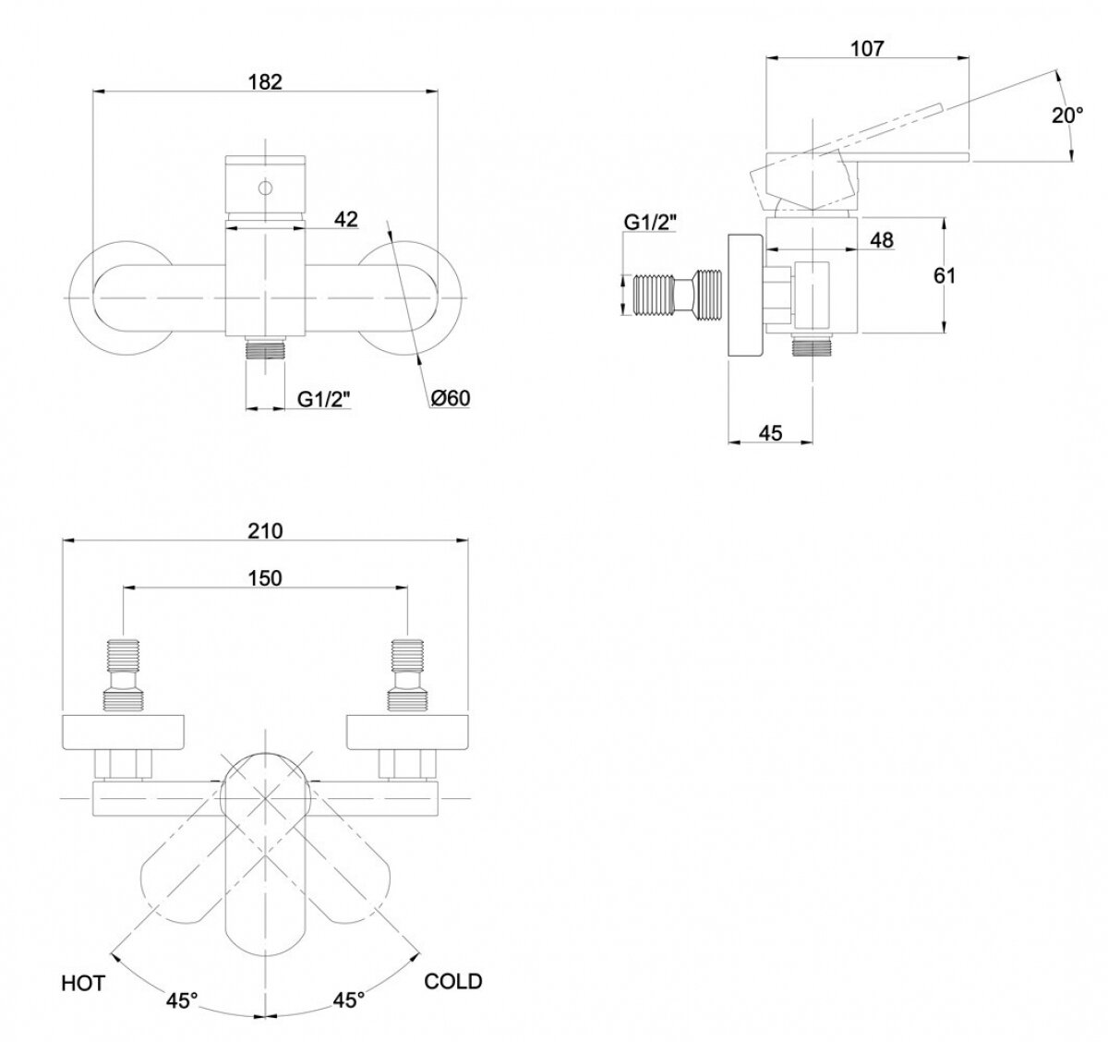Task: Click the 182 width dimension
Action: [265, 80]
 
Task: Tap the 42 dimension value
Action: [345, 219]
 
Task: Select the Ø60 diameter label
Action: [451, 398]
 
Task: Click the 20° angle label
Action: [1067, 115]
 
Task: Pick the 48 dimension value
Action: [882, 240]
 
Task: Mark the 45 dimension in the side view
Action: [770, 432]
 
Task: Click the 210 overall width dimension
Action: [265, 530]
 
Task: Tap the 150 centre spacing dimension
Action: [265, 577]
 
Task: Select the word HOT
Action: [84, 982]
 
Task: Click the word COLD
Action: [452, 981]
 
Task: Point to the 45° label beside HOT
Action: [182, 1000]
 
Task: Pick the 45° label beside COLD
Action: [348, 1000]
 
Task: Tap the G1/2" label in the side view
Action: [650, 222]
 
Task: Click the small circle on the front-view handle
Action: [265, 189]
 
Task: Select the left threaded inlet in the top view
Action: [124, 674]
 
